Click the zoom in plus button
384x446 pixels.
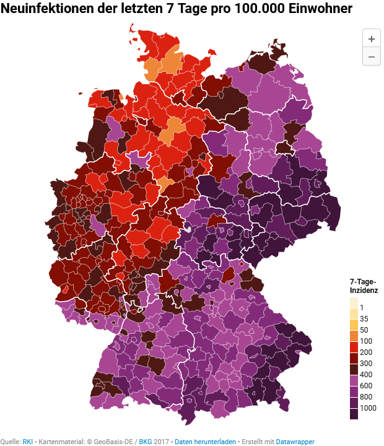(372, 38)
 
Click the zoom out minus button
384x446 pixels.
(372, 56)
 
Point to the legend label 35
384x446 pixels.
(364, 318)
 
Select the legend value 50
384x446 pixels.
(364, 330)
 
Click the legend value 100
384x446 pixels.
(366, 341)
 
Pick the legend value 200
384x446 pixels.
(366, 352)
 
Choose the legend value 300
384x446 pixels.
(366, 363)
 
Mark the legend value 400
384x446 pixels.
(366, 374)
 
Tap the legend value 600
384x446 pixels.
(366, 385)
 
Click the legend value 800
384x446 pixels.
(366, 396)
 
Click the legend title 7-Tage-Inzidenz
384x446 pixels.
(364, 286)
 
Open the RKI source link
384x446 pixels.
(28, 442)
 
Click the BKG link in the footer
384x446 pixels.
(146, 442)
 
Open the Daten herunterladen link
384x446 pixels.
(205, 442)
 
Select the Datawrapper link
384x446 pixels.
(295, 442)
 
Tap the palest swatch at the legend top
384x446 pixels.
(354, 302)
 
